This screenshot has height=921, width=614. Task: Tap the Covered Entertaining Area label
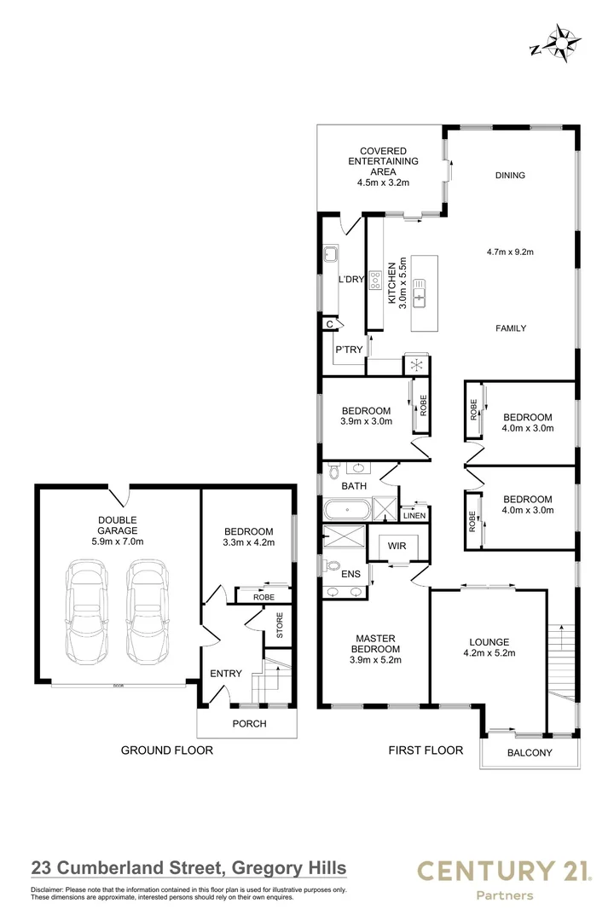383,165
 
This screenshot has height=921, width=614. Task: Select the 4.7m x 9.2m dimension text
509,252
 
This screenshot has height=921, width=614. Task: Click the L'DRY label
351,280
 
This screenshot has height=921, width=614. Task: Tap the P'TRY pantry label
349,350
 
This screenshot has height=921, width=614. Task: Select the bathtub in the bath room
348,511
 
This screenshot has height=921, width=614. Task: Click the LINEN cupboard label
414,515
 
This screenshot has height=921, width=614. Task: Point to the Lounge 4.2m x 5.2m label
489,648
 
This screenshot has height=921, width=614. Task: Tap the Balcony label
530,753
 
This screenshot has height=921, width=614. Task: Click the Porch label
249,724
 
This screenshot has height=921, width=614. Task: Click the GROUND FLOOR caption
166,751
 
